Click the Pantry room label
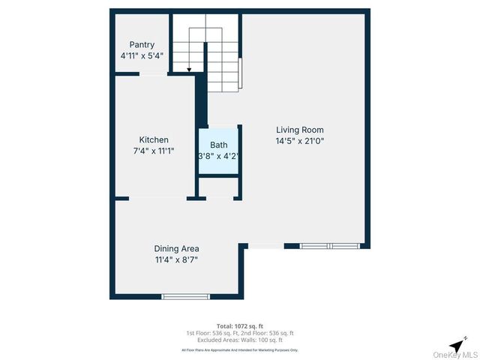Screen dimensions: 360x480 [x=142, y=45]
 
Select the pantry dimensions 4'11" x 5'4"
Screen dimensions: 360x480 [x=142, y=55]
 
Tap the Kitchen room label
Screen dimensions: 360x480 [x=154, y=139]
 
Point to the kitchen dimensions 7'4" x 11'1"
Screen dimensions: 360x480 [x=154, y=151]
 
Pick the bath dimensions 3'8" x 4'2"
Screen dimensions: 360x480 [x=218, y=156]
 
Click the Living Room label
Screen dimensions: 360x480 [x=299, y=129]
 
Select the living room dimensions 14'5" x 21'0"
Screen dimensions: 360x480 [x=299, y=140]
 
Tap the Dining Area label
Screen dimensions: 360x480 [x=176, y=249]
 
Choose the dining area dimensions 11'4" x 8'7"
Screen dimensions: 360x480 [x=176, y=260]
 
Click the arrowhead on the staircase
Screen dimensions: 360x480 [x=189, y=70]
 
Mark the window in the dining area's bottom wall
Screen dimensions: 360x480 [x=186, y=297]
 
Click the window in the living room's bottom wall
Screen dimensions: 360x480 [x=329, y=245]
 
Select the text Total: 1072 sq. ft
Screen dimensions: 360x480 [x=240, y=326]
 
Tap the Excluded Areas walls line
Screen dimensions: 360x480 [x=240, y=340]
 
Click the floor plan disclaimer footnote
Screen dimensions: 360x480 [x=240, y=350]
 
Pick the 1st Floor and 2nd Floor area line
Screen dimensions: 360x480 [x=240, y=333]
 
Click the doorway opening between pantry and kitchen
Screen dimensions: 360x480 [x=152, y=73]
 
